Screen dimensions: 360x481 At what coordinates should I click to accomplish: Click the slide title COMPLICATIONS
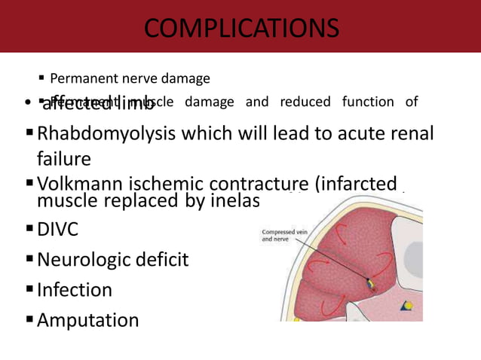pos(240,29)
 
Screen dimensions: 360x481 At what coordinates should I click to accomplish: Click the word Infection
pos(75,290)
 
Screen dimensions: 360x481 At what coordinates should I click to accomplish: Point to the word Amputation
pos(88,320)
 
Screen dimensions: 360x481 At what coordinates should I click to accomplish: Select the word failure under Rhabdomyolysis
pos(64,159)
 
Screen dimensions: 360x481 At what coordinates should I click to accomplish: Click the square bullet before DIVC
pos(30,230)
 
